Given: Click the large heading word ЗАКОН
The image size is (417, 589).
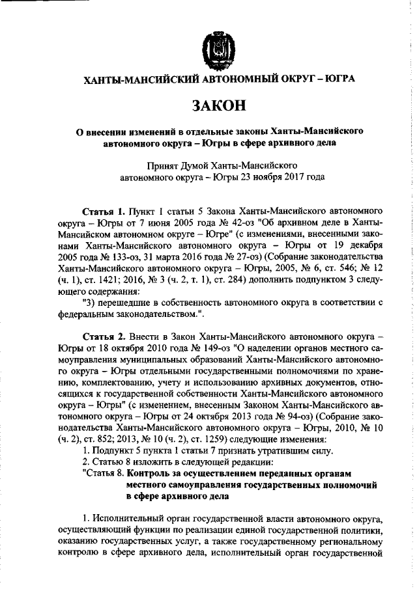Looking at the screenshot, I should pos(214,105).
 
